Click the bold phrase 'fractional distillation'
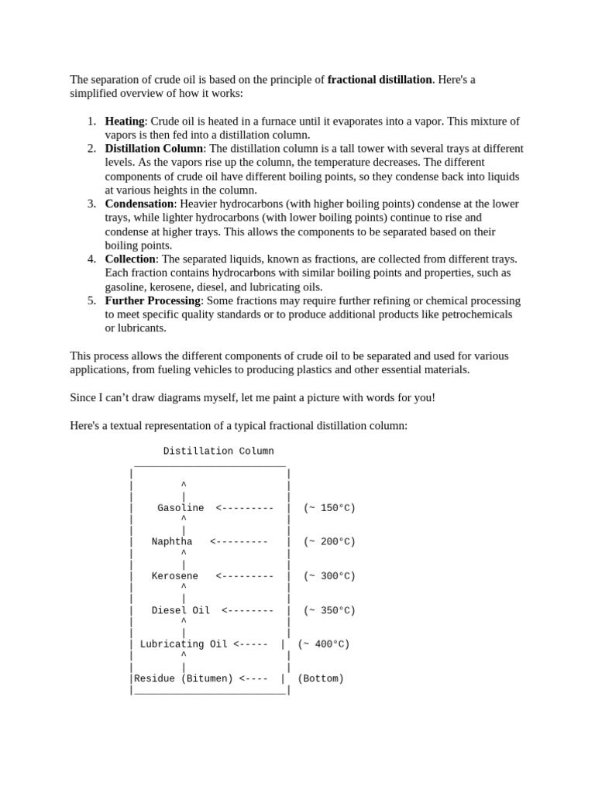coord(380,80)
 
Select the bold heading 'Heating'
coord(125,122)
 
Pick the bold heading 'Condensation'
coord(139,204)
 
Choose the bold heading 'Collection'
coord(130,259)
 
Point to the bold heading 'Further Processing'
coord(153,300)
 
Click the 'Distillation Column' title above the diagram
coord(218,451)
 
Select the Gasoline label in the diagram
coord(181,508)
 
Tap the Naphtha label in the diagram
coord(172,542)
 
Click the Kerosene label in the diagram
coord(175,576)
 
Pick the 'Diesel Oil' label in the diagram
coord(181,610)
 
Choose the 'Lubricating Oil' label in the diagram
coord(184,644)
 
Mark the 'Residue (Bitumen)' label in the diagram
coord(184,678)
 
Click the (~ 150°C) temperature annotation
coord(329,508)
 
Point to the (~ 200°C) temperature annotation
coord(329,542)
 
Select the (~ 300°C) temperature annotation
coord(329,576)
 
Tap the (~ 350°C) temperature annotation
coord(329,610)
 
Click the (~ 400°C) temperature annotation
coord(324,644)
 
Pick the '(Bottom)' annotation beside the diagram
coord(321,678)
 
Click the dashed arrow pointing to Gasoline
coord(245,508)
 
